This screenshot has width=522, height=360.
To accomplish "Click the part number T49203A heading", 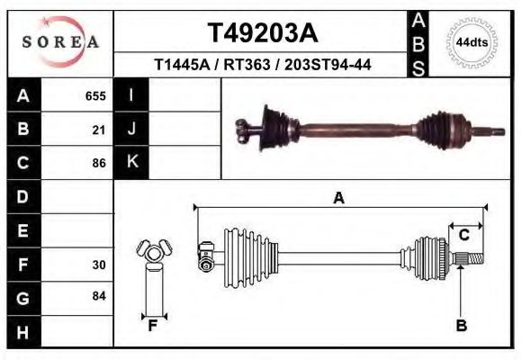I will [263, 33].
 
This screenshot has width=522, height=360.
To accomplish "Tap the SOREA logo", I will [60, 42].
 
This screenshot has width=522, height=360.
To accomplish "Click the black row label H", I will [23, 333].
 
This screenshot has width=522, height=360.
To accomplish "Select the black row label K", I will [132, 162].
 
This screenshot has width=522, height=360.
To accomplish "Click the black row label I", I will [132, 95].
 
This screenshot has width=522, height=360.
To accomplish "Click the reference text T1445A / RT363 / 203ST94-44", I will [263, 66].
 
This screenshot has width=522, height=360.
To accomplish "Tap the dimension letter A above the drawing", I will [339, 199].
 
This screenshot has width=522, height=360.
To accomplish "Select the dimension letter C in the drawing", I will [464, 236].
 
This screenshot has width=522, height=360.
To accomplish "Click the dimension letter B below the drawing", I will [461, 326].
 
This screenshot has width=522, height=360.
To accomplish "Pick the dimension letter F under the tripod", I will [154, 326].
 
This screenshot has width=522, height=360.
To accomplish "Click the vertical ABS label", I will [419, 43].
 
